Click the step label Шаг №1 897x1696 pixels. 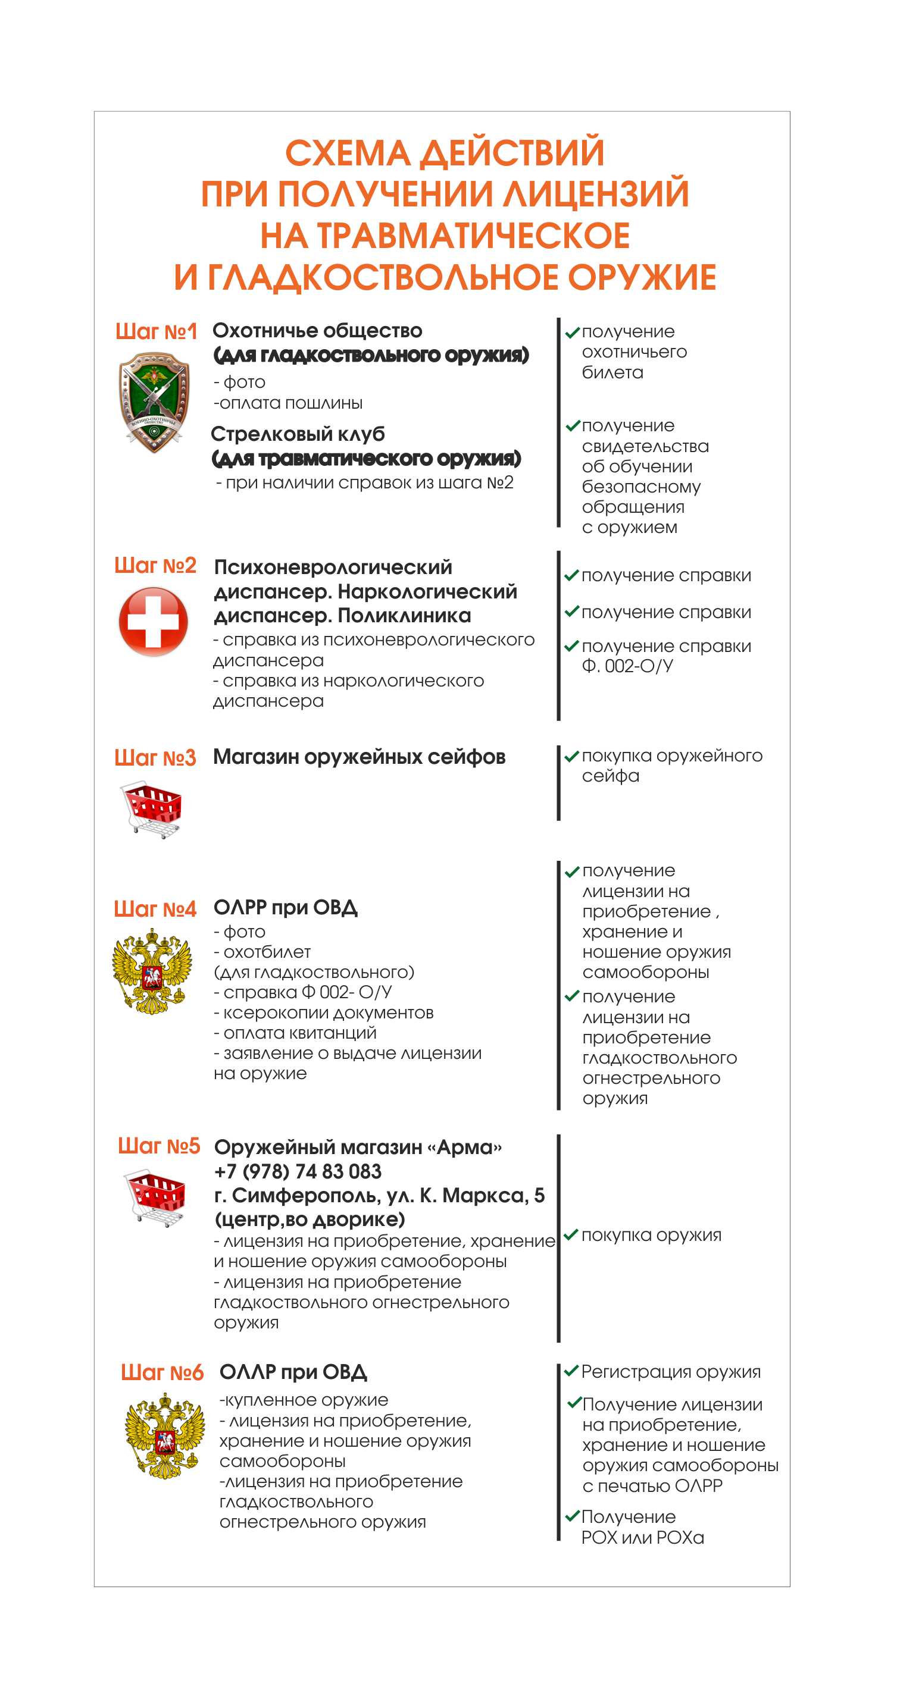pyautogui.click(x=156, y=331)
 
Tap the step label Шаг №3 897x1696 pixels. pyautogui.click(x=155, y=758)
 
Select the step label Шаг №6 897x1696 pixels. pyautogui.click(x=162, y=1373)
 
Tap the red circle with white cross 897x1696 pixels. pyautogui.click(x=154, y=622)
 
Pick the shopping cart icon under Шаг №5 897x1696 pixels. pyautogui.click(x=156, y=1197)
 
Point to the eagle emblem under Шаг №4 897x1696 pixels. pyautogui.click(x=153, y=970)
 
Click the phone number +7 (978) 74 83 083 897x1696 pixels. pyautogui.click(x=298, y=1171)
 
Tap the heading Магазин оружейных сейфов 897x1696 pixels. pyautogui.click(x=359, y=757)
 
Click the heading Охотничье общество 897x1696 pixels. pyautogui.click(x=317, y=331)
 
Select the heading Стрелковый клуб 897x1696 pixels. pyautogui.click(x=298, y=434)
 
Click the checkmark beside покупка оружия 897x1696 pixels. pyautogui.click(x=571, y=1234)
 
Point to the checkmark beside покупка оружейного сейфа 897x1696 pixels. pyautogui.click(x=571, y=756)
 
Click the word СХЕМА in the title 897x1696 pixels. pyautogui.click(x=348, y=153)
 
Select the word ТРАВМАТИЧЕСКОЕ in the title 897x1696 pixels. pyautogui.click(x=474, y=235)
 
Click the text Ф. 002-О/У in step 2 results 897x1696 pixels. pyautogui.click(x=627, y=666)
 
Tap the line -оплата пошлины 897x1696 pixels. pyautogui.click(x=288, y=403)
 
